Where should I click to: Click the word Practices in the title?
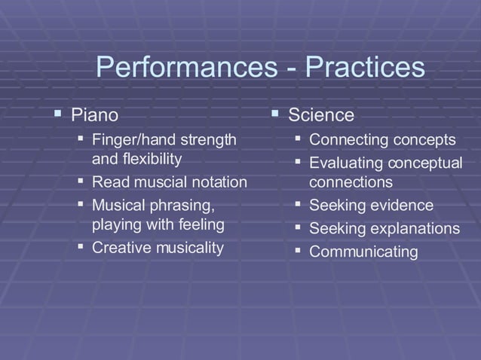pyautogui.click(x=365, y=69)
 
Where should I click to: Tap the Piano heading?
pyautogui.click(x=94, y=115)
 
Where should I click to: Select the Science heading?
pyautogui.click(x=321, y=115)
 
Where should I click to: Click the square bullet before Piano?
pyautogui.click(x=57, y=114)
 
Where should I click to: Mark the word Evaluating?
pyautogui.click(x=346, y=163)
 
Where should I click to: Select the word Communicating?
pyautogui.click(x=363, y=252)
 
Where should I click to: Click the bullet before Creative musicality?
pyautogui.click(x=80, y=247)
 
